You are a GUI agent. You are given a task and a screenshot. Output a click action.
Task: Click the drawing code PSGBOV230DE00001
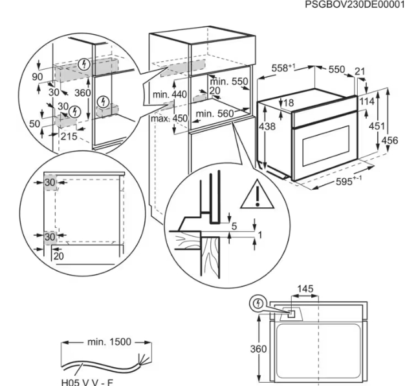[355, 5]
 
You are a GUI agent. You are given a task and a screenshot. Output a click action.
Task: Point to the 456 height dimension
[390, 141]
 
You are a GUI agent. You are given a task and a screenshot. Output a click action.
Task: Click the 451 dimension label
[377, 126]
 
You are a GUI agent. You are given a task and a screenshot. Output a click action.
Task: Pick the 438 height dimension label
[267, 127]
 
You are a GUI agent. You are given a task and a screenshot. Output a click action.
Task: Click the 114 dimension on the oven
[367, 101]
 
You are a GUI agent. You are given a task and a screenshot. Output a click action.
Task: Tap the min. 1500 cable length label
[109, 342]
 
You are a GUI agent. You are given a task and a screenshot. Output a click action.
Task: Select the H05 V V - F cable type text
[87, 382]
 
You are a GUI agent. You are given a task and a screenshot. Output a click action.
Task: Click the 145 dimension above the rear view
[305, 289]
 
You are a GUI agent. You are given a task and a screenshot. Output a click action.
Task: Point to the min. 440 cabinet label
[170, 94]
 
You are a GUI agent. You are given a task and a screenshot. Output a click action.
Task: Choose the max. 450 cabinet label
[169, 119]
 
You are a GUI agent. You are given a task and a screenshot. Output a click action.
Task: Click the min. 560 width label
[215, 114]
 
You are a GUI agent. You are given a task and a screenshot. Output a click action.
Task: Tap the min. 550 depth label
[229, 81]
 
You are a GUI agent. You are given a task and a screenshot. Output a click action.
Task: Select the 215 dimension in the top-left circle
[69, 136]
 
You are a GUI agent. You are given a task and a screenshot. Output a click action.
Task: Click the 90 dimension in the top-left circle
[38, 77]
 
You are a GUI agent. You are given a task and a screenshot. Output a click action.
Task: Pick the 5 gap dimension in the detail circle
[234, 227]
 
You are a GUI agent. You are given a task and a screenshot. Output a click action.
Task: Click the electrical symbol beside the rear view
[258, 303]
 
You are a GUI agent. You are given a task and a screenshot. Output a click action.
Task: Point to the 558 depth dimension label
[283, 68]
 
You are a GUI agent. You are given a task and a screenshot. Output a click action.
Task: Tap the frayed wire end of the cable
[145, 359]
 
